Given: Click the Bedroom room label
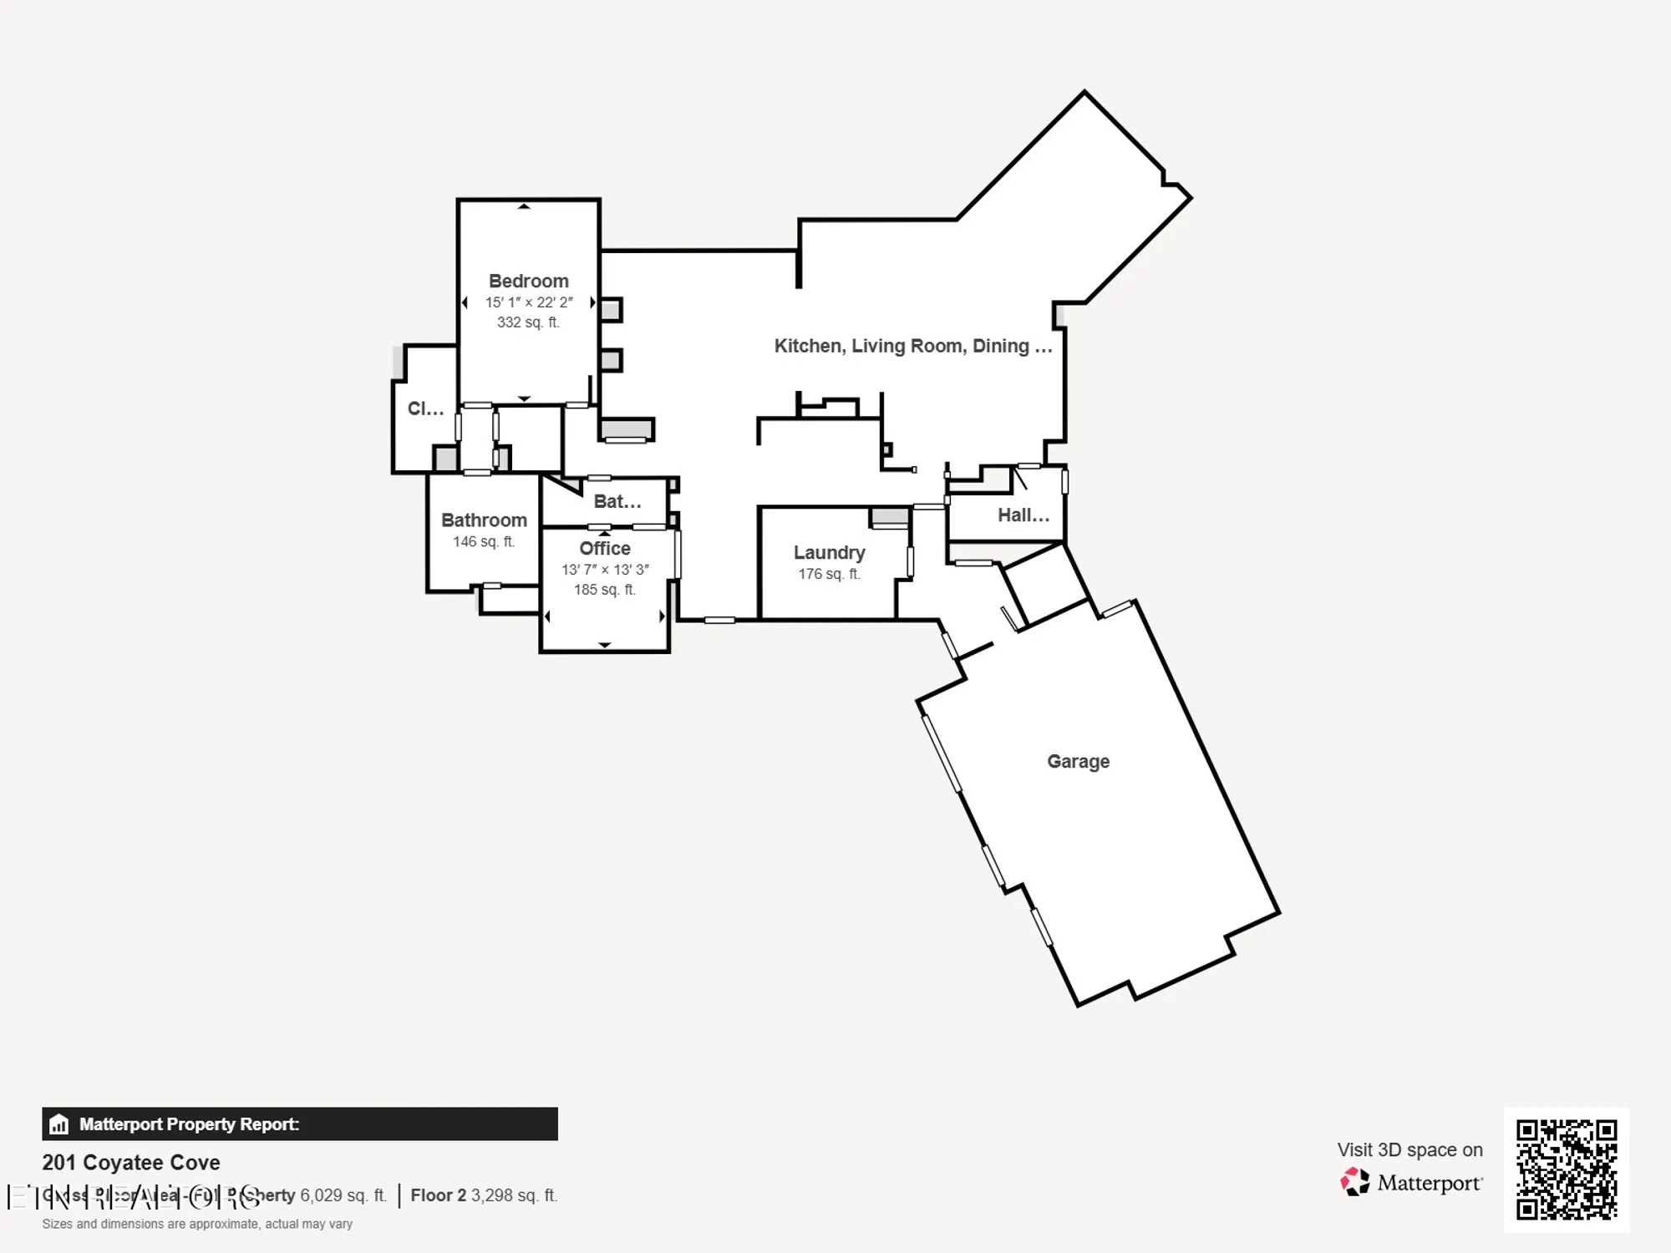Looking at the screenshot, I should [x=528, y=282].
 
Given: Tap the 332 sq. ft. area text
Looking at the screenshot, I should [x=528, y=322].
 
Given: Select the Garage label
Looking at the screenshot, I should [x=1078, y=761].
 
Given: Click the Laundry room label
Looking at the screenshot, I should [x=829, y=552].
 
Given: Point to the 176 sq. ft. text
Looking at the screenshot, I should [x=829, y=574].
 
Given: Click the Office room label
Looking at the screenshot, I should [x=605, y=548].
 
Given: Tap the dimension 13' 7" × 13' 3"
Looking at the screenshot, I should [x=605, y=570].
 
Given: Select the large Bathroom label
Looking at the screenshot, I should [x=484, y=520].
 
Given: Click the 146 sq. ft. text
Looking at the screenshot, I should [x=484, y=541].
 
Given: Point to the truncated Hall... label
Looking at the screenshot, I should [x=1023, y=515].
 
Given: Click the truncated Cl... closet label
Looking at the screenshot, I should [x=425, y=408].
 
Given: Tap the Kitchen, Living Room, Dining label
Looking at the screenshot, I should [x=912, y=346].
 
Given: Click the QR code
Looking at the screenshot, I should [x=1567, y=1169].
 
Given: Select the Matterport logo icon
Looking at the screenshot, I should [x=1355, y=1183].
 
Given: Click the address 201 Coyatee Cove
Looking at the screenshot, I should [x=131, y=1162].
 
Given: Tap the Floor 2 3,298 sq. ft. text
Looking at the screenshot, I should [x=483, y=1195].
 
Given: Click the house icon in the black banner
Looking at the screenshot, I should [x=58, y=1124].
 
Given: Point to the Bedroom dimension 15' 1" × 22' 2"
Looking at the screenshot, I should [x=528, y=302].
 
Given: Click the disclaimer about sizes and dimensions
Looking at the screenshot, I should [x=197, y=1224].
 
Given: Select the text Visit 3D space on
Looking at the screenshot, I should [x=1409, y=1150].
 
